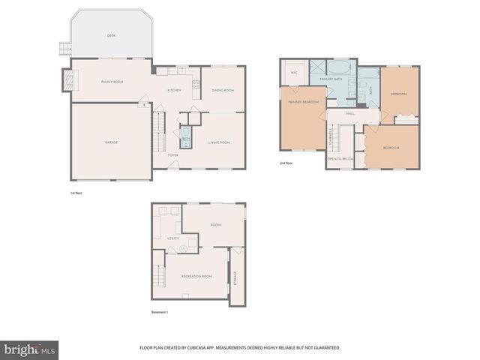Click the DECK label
(x=111, y=35)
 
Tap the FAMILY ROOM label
(x=112, y=81)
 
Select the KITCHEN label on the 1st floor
(x=174, y=90)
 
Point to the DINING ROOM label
(x=223, y=90)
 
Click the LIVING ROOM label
(x=219, y=142)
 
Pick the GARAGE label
(x=111, y=142)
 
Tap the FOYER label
(x=172, y=155)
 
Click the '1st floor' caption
(x=76, y=193)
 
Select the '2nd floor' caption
(x=286, y=163)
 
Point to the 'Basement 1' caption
(x=160, y=313)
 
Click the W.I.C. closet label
(x=294, y=73)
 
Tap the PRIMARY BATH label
(x=331, y=79)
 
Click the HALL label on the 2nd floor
(x=350, y=113)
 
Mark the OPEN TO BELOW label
(x=340, y=159)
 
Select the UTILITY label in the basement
(x=172, y=238)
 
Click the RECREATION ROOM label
(x=196, y=276)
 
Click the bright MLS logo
(x=30, y=349)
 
